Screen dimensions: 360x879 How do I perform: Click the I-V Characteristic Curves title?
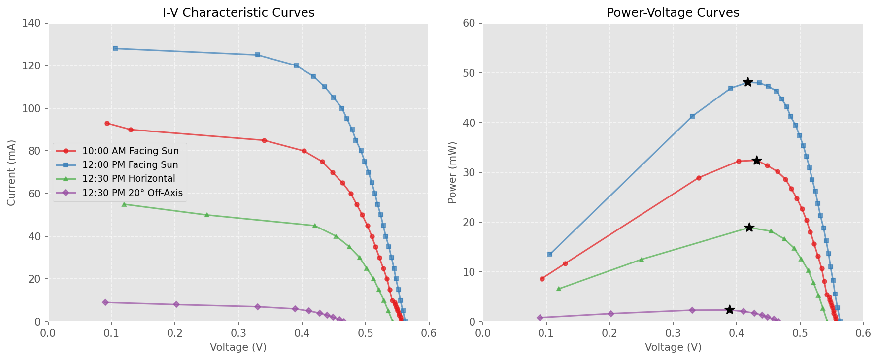click(x=238, y=13)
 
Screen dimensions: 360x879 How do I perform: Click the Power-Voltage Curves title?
click(x=673, y=13)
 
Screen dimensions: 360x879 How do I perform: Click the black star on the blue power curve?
click(x=748, y=82)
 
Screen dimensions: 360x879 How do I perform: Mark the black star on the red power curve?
click(x=757, y=161)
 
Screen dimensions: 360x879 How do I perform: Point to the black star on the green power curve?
click(x=749, y=228)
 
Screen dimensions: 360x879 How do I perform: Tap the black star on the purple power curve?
click(x=730, y=310)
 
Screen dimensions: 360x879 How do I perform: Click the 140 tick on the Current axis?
click(x=34, y=23)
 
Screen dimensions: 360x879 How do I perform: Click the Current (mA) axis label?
click(x=12, y=172)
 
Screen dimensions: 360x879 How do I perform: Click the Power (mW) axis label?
click(x=452, y=172)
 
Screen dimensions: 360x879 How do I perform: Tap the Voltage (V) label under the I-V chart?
click(x=238, y=347)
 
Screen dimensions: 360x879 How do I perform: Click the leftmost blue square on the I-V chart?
click(x=115, y=48)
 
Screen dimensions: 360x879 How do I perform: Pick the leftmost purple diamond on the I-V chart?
click(x=105, y=302)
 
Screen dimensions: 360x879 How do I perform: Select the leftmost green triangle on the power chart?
click(x=559, y=289)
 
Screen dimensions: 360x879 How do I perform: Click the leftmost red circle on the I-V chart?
click(x=107, y=123)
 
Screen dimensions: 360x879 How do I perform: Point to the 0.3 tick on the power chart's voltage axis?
click(x=673, y=333)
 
